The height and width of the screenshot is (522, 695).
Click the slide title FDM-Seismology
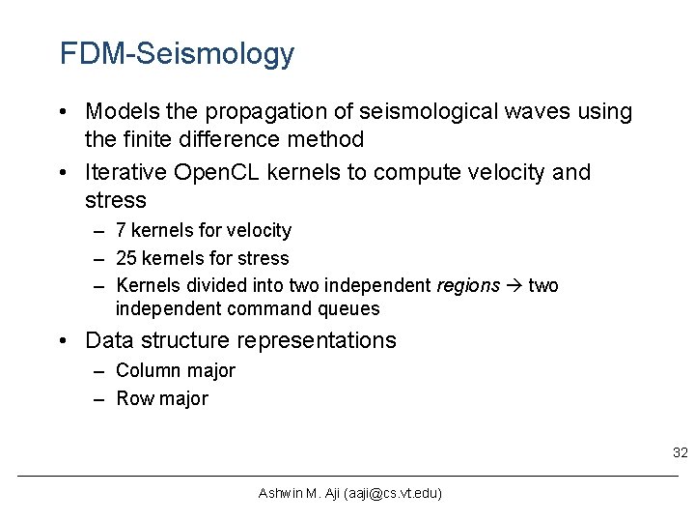pyautogui.click(x=177, y=54)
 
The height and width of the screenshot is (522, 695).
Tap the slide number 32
pyautogui.click(x=680, y=452)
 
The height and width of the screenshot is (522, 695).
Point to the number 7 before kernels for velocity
pyautogui.click(x=121, y=230)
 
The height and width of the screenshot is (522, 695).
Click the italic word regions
pyautogui.click(x=468, y=285)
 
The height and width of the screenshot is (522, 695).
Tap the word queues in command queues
pyautogui.click(x=348, y=309)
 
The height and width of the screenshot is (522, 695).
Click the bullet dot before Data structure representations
pyautogui.click(x=63, y=341)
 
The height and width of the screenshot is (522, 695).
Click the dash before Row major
pyautogui.click(x=100, y=398)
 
